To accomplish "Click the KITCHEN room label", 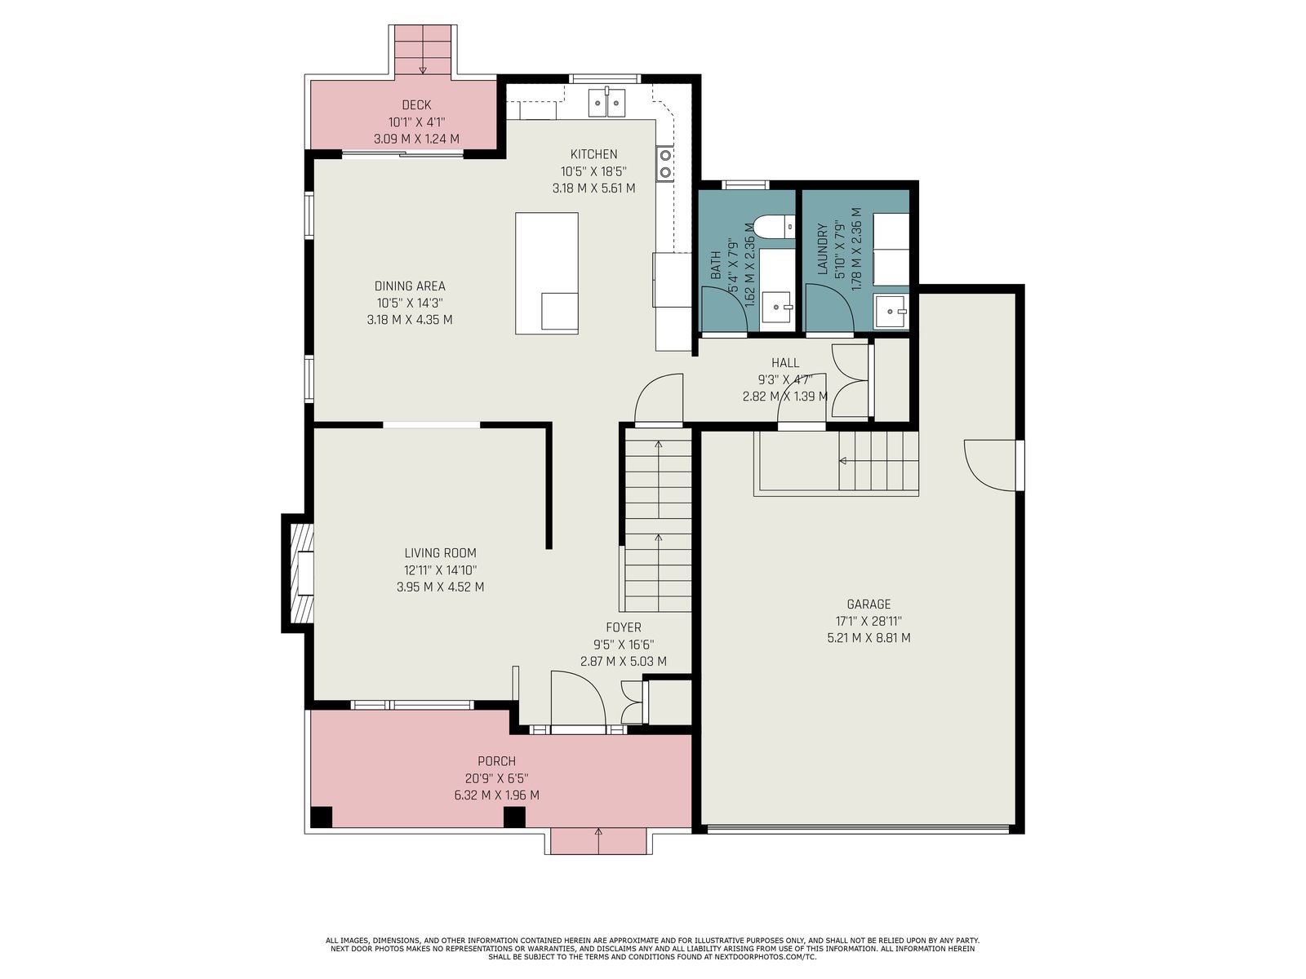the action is (x=593, y=154).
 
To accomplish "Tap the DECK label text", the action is (x=416, y=105).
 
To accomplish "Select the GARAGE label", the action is (x=868, y=604).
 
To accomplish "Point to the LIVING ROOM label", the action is (x=440, y=553).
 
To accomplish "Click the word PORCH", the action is (x=497, y=761).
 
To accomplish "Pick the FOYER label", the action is (x=624, y=627).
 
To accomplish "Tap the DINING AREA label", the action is (x=410, y=286).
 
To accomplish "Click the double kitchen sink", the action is (x=607, y=103).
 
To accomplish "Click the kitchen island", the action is (x=547, y=273).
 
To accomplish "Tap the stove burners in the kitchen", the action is (x=664, y=163).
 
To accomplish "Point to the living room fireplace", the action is (x=298, y=573).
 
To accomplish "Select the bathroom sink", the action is (x=777, y=308).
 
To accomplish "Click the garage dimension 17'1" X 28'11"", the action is (x=868, y=621).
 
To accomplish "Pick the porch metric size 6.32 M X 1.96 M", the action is (x=497, y=795).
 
